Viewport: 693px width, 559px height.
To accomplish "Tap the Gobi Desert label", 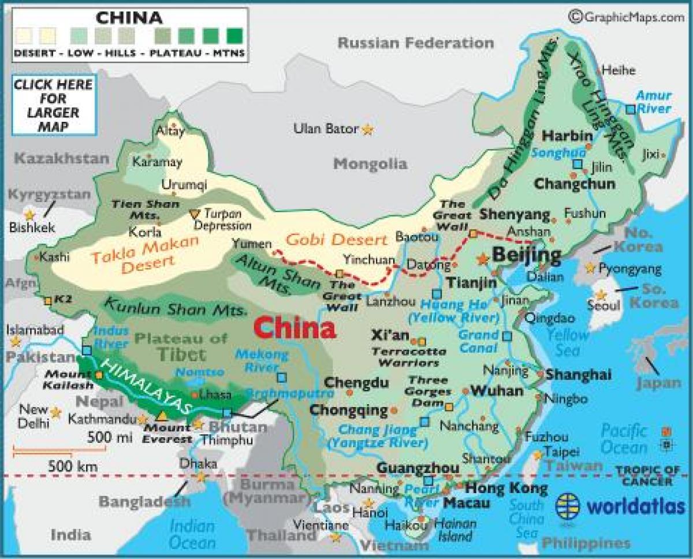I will tap(336, 240).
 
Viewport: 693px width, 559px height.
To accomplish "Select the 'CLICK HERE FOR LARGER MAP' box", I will tap(53, 105).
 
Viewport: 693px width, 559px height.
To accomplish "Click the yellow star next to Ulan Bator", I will tap(367, 130).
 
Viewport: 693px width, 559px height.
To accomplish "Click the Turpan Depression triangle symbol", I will tap(194, 213).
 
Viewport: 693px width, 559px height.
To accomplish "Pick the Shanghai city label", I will tap(578, 374).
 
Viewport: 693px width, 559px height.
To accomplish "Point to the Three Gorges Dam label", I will tap(429, 391).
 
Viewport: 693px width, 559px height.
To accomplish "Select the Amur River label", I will tap(653, 102).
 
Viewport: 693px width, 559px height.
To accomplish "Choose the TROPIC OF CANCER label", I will tap(647, 476).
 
